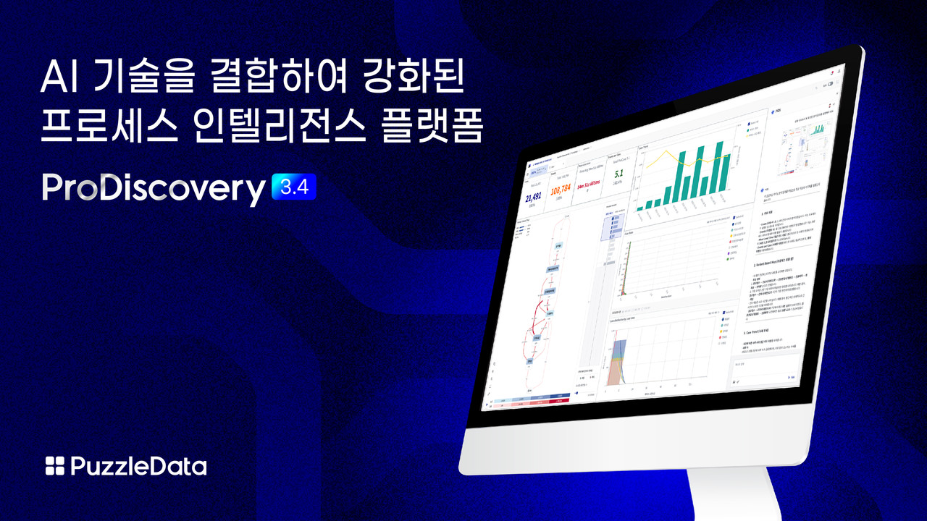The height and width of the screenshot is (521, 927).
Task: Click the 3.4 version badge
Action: pyautogui.click(x=293, y=187)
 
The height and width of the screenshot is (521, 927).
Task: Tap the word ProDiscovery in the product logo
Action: pyautogui.click(x=154, y=189)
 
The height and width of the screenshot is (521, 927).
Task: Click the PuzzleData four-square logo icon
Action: pyautogui.click(x=55, y=466)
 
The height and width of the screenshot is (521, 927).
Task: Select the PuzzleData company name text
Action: pyautogui.click(x=138, y=466)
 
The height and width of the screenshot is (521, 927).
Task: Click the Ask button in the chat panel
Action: pyautogui.click(x=791, y=377)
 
